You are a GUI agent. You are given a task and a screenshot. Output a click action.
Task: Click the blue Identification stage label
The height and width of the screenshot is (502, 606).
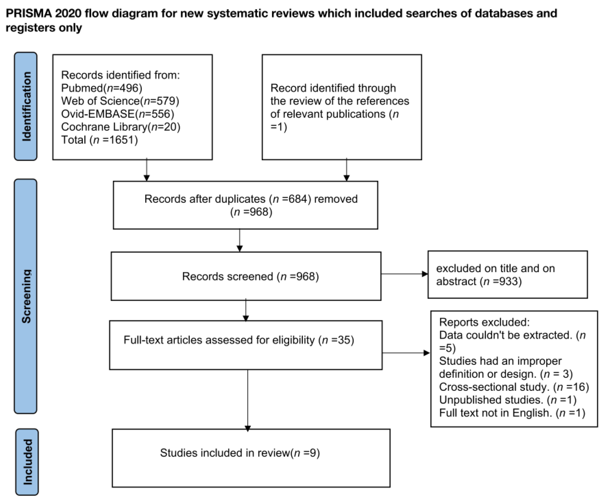click(26, 106)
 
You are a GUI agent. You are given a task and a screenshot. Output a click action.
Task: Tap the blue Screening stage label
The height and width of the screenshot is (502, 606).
click(26, 296)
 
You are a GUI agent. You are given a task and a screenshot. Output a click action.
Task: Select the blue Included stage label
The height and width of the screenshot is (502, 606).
click(27, 462)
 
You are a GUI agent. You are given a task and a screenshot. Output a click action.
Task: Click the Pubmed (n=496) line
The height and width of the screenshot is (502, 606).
click(102, 88)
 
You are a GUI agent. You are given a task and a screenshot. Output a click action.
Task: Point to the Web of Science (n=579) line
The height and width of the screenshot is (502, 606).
click(120, 101)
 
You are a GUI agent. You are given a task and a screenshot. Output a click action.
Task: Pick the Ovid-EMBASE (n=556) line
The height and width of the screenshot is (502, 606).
click(118, 114)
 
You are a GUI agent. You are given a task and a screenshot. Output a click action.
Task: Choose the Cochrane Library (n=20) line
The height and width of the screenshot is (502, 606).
click(121, 127)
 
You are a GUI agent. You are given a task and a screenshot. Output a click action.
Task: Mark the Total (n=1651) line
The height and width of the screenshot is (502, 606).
click(100, 140)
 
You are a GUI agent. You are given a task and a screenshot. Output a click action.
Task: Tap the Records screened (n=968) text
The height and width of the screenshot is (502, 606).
click(250, 277)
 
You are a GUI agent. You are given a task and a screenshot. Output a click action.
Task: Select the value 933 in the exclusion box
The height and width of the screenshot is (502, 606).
click(508, 281)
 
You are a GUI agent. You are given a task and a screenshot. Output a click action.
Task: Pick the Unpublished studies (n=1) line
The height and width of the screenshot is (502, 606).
click(508, 400)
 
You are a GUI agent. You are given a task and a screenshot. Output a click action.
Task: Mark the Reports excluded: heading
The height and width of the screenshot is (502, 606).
click(484, 322)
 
